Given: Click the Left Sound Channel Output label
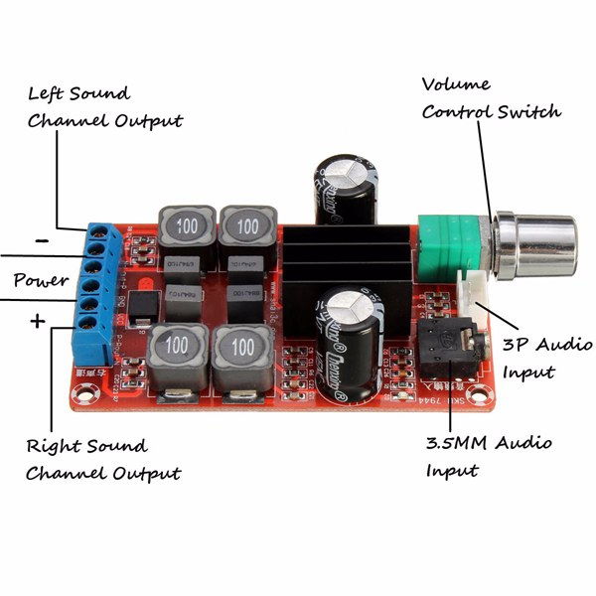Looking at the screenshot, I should click(104, 107).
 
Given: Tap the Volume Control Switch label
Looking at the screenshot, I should click(491, 97).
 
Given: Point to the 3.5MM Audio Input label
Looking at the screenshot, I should click(488, 456).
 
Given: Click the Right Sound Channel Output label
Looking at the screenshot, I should click(103, 459).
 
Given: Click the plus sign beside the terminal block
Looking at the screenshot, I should click(38, 320).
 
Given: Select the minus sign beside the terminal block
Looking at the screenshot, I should click(42, 239).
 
